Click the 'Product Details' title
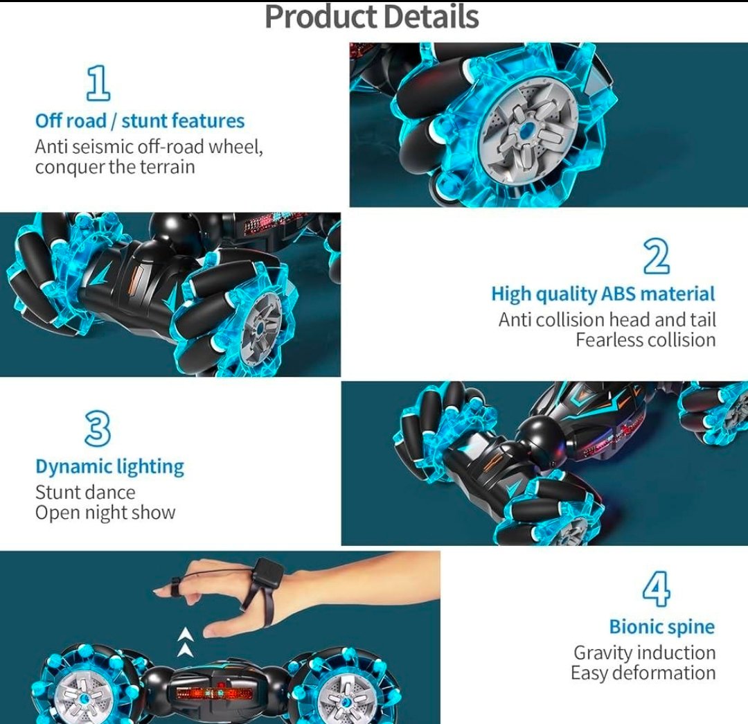372,17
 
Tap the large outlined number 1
98,83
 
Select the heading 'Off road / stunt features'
140,121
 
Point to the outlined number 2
656,256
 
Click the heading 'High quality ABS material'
603,294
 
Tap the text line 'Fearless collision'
645,340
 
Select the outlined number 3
98,429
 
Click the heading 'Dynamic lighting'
109,467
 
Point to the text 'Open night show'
105,513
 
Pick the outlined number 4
656,589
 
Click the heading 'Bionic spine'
662,627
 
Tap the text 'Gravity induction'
645,653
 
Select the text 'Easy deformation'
643,673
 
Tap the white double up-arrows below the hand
186,642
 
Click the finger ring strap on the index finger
175,587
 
